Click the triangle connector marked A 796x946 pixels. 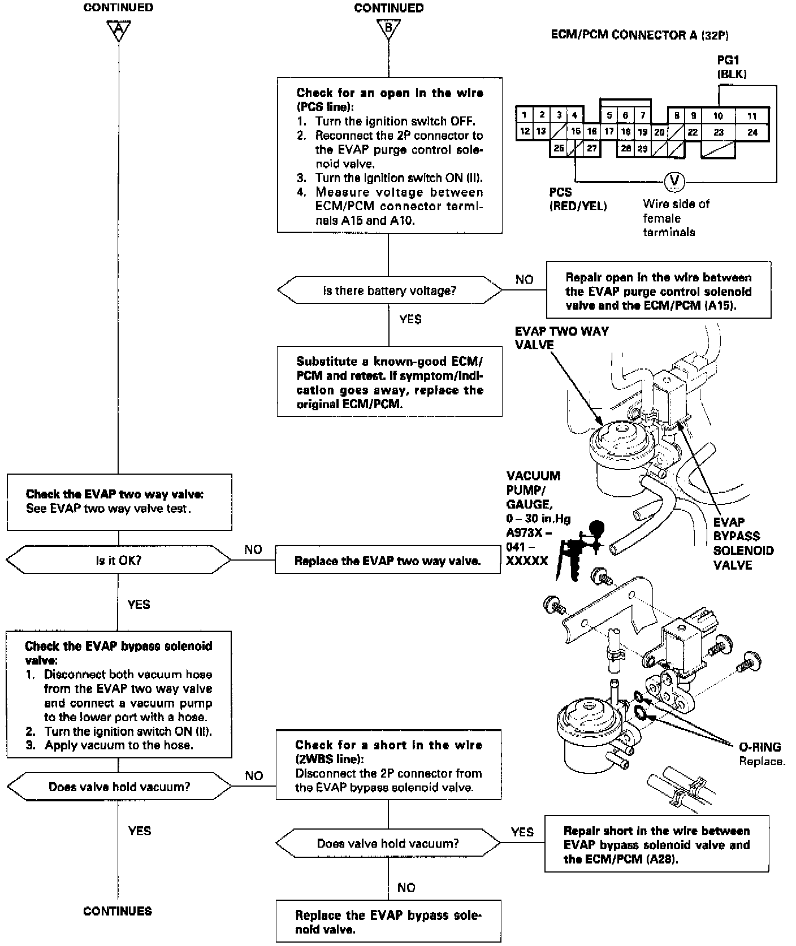[118, 29]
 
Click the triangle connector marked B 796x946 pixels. [388, 29]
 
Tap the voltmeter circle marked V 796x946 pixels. [673, 181]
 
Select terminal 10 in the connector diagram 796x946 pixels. [717, 116]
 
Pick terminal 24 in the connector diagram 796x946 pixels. [752, 133]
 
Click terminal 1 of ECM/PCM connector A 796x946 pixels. [524, 115]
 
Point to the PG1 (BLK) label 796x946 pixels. [731, 67]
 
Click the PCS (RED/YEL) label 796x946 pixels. [577, 199]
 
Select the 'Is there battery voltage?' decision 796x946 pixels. [389, 290]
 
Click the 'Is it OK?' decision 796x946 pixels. [118, 561]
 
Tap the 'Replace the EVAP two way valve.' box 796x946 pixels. [387, 561]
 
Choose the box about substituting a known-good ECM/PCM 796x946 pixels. [389, 383]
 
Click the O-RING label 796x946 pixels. [760, 747]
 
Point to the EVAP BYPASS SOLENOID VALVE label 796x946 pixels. [743, 543]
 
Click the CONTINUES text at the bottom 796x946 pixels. [118, 911]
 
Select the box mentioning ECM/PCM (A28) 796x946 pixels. [656, 845]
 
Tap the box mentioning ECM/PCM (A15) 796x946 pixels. [658, 291]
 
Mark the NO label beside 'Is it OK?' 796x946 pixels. [253, 549]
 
